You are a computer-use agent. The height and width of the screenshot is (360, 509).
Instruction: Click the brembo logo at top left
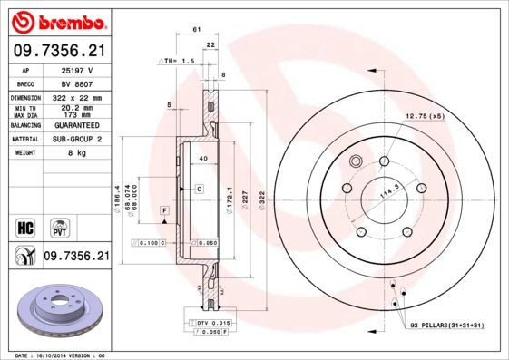point(56,21)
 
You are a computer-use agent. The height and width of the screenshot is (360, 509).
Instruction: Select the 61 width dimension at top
point(196,30)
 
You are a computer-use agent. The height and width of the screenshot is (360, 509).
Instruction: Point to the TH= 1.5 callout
point(178,60)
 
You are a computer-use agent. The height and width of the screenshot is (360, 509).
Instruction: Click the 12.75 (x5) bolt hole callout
point(425,116)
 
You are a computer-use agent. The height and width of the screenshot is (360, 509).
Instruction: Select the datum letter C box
point(198,188)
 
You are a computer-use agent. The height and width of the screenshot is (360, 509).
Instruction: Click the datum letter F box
point(165,210)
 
